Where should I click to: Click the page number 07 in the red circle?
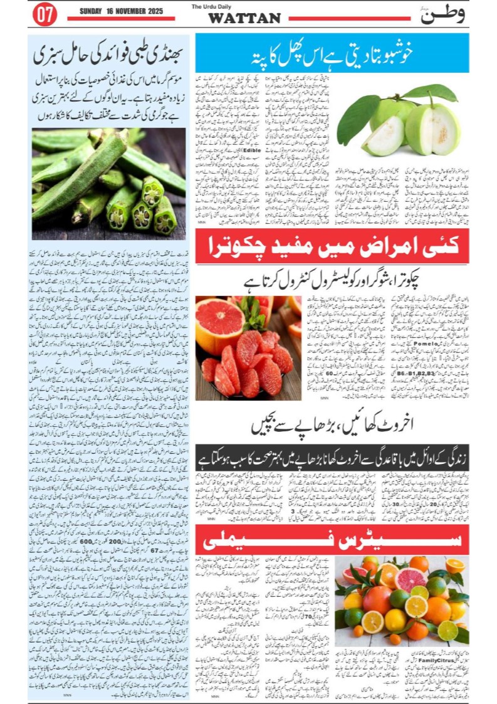[x=44, y=16]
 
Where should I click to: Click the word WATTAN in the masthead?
[x=244, y=18]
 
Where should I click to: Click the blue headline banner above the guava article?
[x=332, y=53]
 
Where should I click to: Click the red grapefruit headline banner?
[x=332, y=246]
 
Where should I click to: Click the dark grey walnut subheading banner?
[x=332, y=456]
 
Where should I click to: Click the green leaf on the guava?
[x=358, y=118]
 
